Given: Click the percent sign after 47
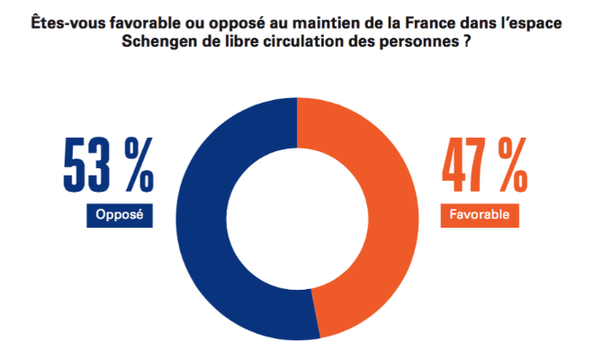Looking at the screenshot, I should (511, 165).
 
